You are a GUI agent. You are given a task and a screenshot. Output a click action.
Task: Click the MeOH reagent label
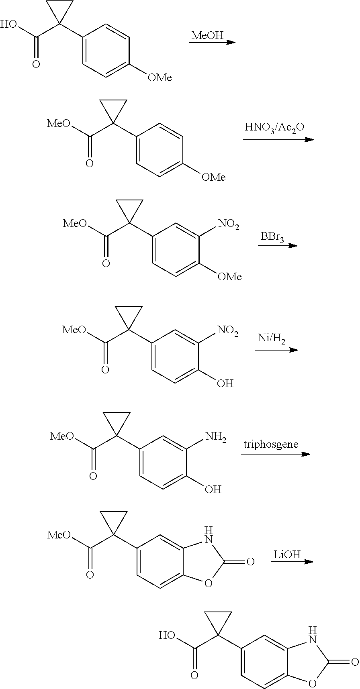pyautogui.click(x=207, y=35)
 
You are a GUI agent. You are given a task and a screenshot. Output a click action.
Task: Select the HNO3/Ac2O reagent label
pyautogui.click(x=274, y=128)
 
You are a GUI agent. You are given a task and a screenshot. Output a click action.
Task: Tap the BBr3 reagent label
pyautogui.click(x=272, y=237)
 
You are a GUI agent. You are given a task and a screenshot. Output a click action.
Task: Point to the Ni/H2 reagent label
pyautogui.click(x=272, y=339)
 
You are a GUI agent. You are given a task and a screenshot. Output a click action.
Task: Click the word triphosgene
pyautogui.click(x=271, y=444)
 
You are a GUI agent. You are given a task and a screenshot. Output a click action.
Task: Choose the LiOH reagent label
pyautogui.click(x=287, y=555)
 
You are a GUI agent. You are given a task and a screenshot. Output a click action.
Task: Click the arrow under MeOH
pyautogui.click(x=212, y=42)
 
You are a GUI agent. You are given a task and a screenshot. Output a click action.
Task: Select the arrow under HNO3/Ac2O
pyautogui.click(x=278, y=139)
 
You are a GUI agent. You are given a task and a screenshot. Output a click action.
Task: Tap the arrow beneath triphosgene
pyautogui.click(x=276, y=454)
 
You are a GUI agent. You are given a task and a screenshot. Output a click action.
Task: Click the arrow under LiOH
pyautogui.click(x=292, y=561)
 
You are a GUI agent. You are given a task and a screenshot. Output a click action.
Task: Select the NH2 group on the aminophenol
pyautogui.click(x=216, y=437)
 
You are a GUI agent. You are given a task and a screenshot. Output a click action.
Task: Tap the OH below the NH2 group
pyautogui.click(x=213, y=489)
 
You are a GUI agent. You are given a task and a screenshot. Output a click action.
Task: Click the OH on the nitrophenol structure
pyautogui.click(x=225, y=383)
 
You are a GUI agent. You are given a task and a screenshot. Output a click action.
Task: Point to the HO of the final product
pyautogui.click(x=167, y=636)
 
